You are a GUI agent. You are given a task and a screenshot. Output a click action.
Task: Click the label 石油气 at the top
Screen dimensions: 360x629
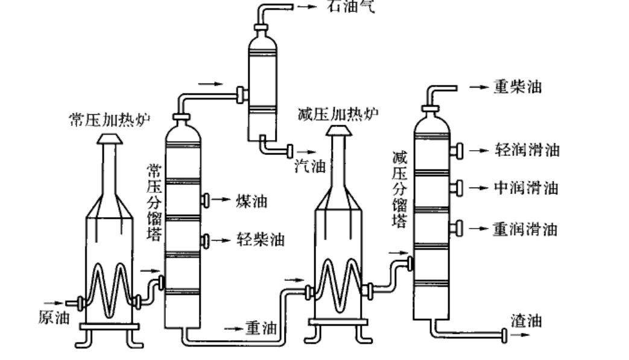(x=350, y=7)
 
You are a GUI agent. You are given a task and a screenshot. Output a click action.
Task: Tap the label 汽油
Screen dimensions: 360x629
(x=310, y=165)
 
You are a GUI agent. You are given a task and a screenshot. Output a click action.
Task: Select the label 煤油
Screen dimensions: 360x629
(x=251, y=200)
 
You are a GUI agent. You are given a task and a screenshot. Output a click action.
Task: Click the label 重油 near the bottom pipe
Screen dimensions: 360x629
(x=261, y=329)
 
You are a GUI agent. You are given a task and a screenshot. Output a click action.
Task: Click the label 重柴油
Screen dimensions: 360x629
(x=517, y=87)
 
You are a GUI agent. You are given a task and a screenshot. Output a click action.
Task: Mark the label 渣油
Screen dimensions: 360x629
(x=526, y=320)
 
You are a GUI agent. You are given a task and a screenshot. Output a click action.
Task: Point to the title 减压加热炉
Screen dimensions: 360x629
(x=336, y=113)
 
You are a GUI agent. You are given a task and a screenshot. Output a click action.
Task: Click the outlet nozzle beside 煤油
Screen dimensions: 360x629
(x=205, y=200)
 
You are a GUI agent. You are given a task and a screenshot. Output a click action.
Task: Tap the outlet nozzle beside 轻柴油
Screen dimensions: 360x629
(x=205, y=241)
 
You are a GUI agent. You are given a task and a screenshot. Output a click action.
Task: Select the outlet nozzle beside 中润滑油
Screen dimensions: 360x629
(x=458, y=188)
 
